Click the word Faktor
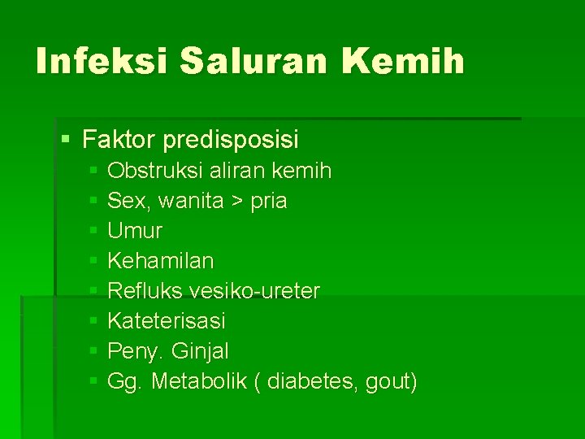(119, 140)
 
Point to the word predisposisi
(231, 141)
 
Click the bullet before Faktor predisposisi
(66, 140)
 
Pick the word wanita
(191, 202)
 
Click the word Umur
(135, 231)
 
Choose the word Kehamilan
(161, 261)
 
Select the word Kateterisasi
(166, 321)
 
